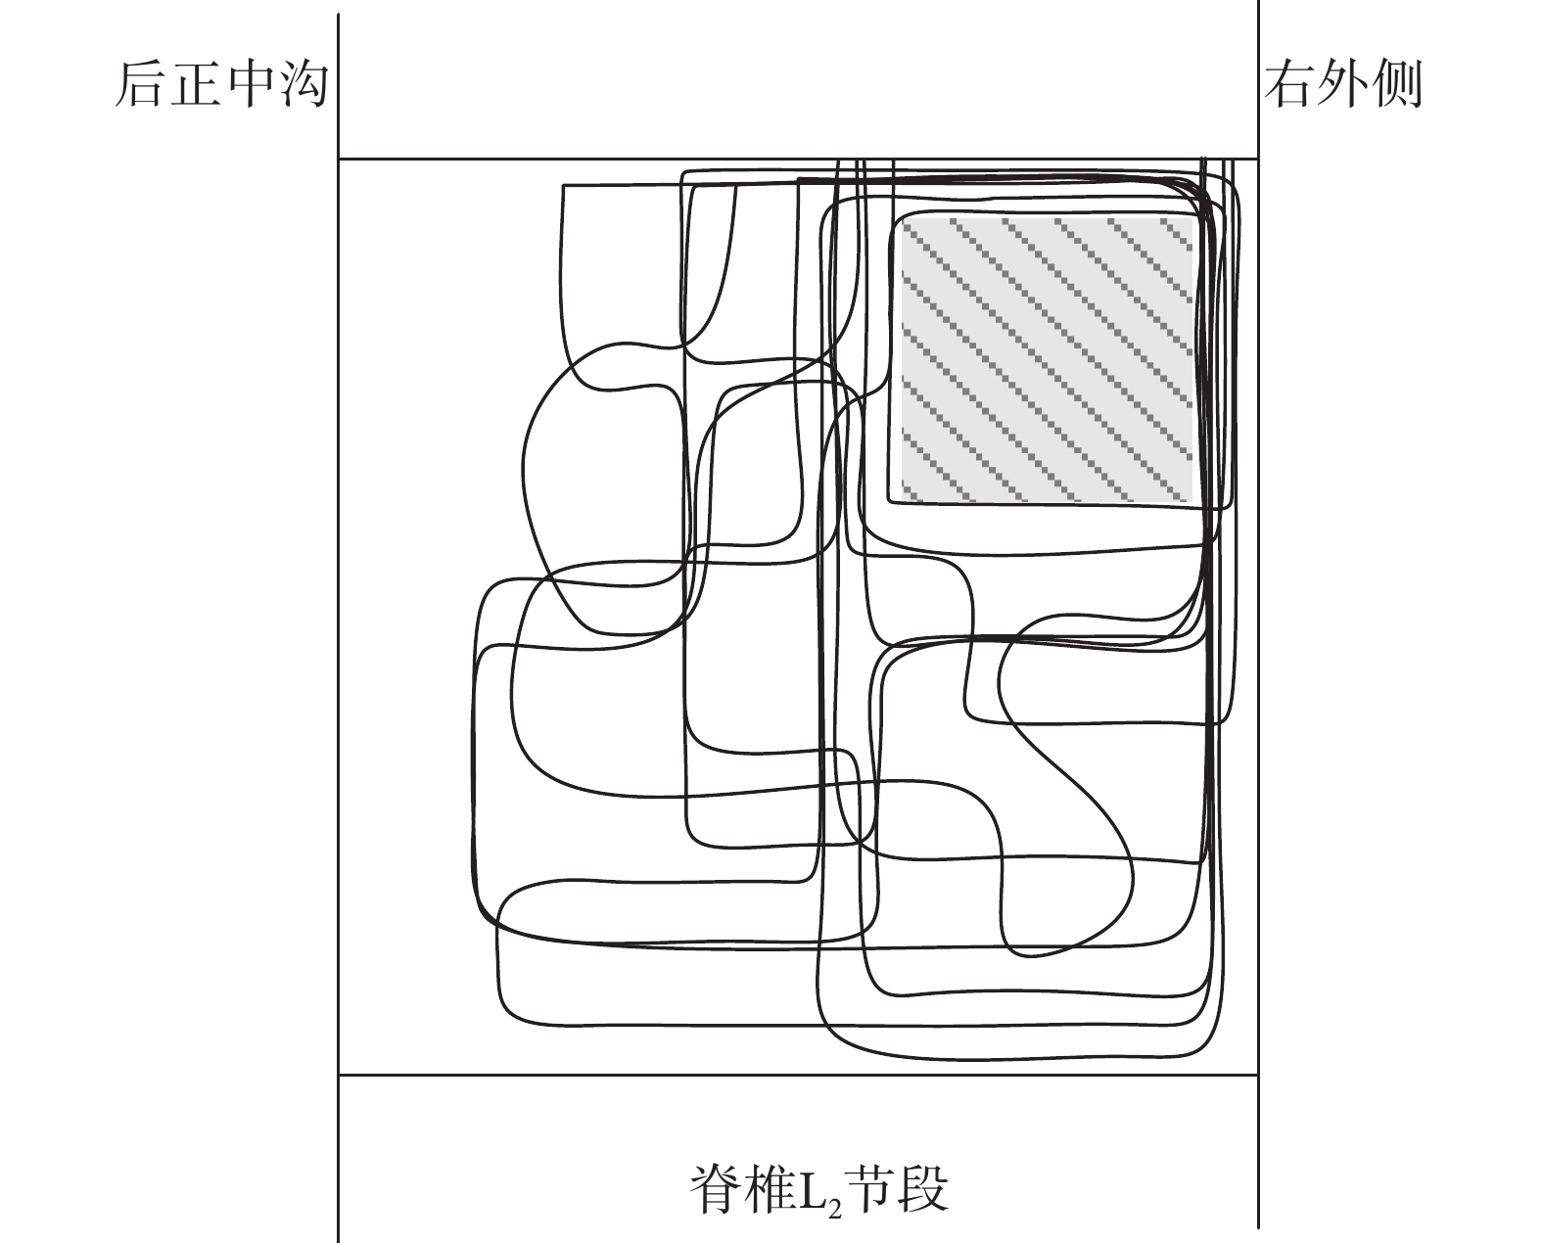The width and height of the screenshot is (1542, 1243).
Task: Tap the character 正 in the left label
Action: (x=195, y=85)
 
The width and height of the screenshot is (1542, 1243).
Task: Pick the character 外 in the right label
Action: (x=1343, y=84)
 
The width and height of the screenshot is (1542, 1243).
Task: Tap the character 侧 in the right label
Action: (x=1397, y=84)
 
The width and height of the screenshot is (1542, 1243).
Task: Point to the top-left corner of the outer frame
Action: (x=338, y=159)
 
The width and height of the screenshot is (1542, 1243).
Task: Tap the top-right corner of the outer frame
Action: (x=1258, y=159)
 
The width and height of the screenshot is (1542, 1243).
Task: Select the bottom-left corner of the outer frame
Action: (x=338, y=1076)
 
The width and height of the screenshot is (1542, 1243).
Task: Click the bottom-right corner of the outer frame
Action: (x=1258, y=1076)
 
